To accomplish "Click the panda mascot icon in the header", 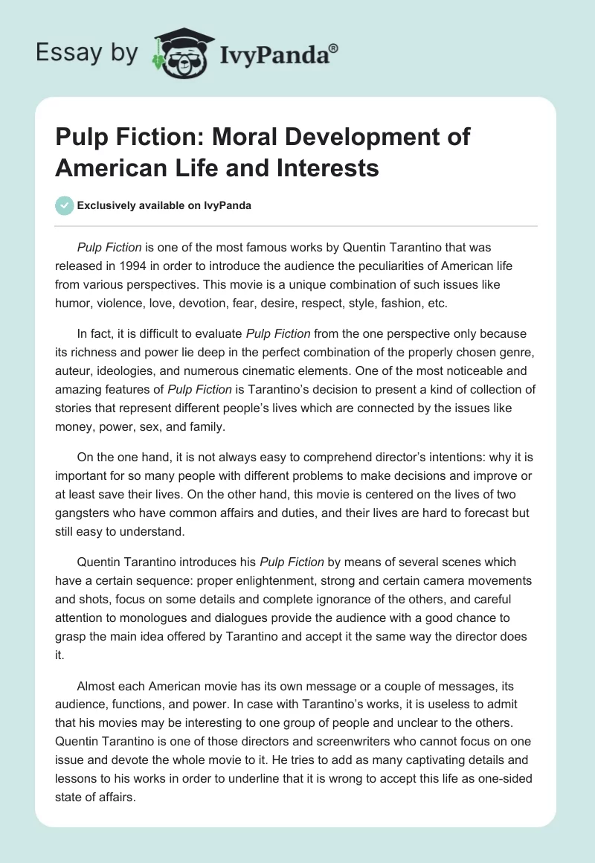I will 178,51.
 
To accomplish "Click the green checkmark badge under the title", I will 64,205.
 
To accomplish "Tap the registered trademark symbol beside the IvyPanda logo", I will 334,48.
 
